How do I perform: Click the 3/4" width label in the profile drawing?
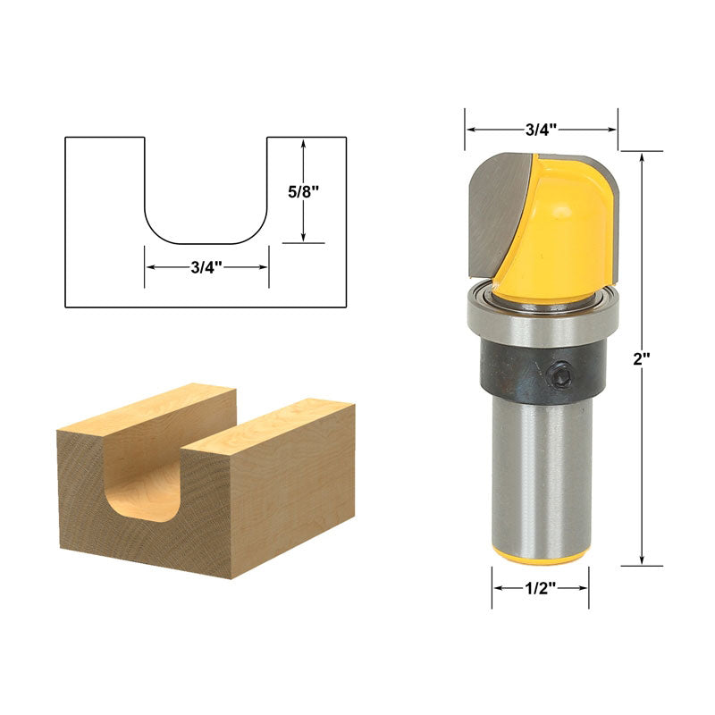206,266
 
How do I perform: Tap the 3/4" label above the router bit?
540,129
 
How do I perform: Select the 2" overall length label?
640,357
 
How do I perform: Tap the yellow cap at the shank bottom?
539,555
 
